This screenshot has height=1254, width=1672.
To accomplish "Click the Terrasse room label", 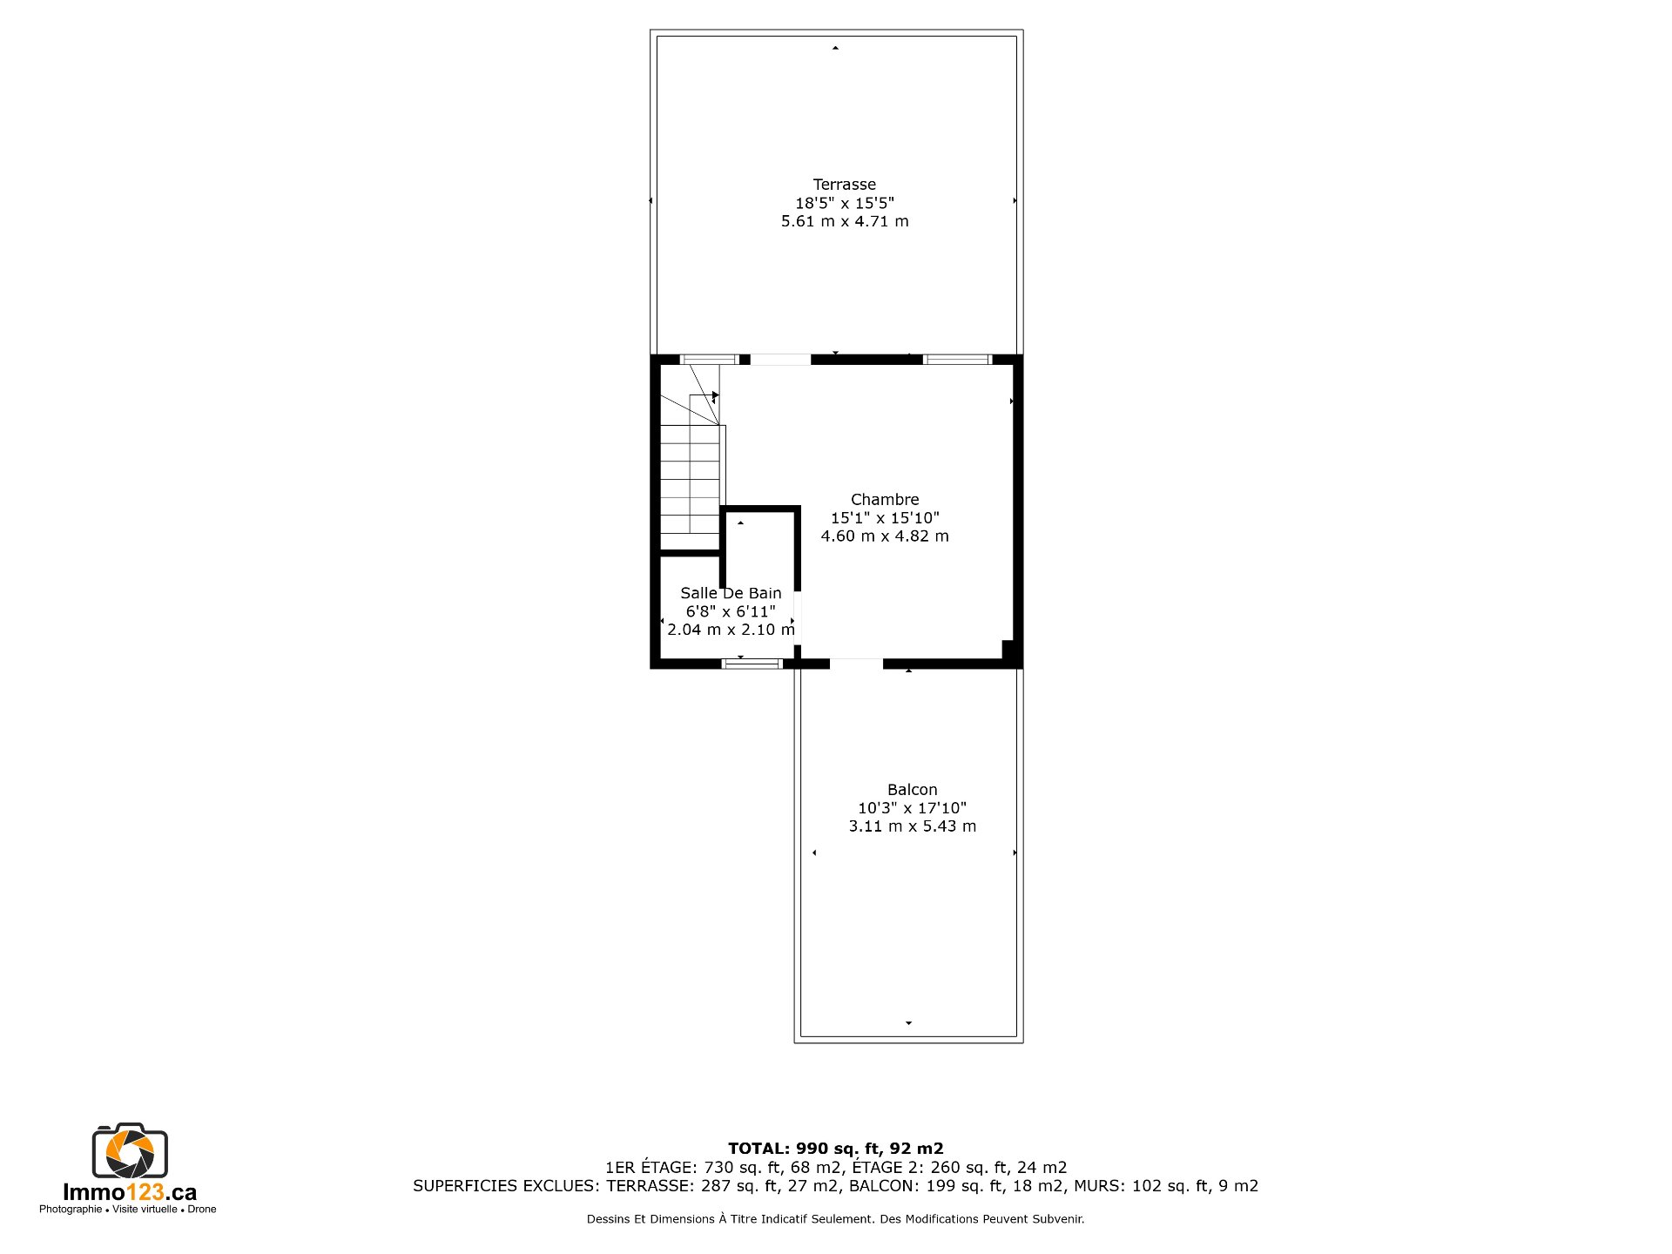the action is [x=844, y=185].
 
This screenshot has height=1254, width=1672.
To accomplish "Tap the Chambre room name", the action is [x=885, y=500].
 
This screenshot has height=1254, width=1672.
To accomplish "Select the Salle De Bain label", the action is [x=731, y=593].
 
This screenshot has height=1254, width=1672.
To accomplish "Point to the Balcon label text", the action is [x=913, y=790].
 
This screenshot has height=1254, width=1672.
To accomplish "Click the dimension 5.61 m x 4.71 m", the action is [x=845, y=221].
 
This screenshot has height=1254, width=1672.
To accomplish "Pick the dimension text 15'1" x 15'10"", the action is [x=885, y=518].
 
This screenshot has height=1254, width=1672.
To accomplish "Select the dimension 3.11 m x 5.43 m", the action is [x=913, y=826].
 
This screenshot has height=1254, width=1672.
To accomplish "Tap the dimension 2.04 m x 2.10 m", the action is [x=731, y=630].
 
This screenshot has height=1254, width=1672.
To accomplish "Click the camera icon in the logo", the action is [x=130, y=1150].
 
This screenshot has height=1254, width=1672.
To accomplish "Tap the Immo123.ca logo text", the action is [x=130, y=1192].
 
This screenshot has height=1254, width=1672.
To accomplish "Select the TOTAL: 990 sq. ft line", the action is [x=836, y=1149].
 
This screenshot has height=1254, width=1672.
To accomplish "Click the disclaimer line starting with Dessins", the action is [x=836, y=1219].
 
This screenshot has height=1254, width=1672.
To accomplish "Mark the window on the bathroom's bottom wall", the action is [x=752, y=664].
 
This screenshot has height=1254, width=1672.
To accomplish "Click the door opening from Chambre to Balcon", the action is [x=856, y=664].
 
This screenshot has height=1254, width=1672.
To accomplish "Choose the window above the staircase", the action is [x=710, y=359].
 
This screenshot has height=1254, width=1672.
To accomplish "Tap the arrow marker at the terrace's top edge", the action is [x=835, y=48].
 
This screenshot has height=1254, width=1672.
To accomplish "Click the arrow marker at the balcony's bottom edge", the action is [x=908, y=1023].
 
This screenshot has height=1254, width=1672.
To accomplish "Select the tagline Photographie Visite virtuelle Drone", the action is [x=128, y=1210].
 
